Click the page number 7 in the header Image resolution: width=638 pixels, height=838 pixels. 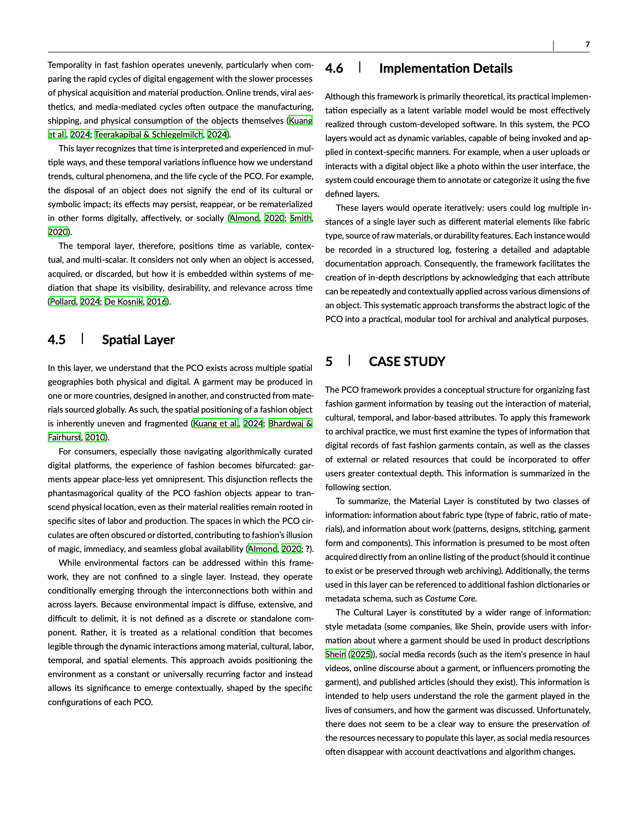pos(587,45)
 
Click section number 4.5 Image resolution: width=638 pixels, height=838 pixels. pos(57,340)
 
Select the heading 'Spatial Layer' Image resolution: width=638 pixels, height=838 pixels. pos(138,340)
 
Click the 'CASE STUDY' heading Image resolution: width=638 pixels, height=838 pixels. pos(407,361)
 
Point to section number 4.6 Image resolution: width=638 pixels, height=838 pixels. pos(334,68)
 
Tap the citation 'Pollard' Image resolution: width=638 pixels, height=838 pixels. pos(63,302)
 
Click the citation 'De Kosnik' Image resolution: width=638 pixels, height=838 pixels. pos(123,302)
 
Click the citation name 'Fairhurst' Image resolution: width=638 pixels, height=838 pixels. pos(65,438)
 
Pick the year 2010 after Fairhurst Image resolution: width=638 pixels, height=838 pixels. pos(95,438)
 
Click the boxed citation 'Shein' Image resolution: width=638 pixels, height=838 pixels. pos(335,654)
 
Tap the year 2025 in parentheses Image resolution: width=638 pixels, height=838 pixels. pos(360,654)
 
